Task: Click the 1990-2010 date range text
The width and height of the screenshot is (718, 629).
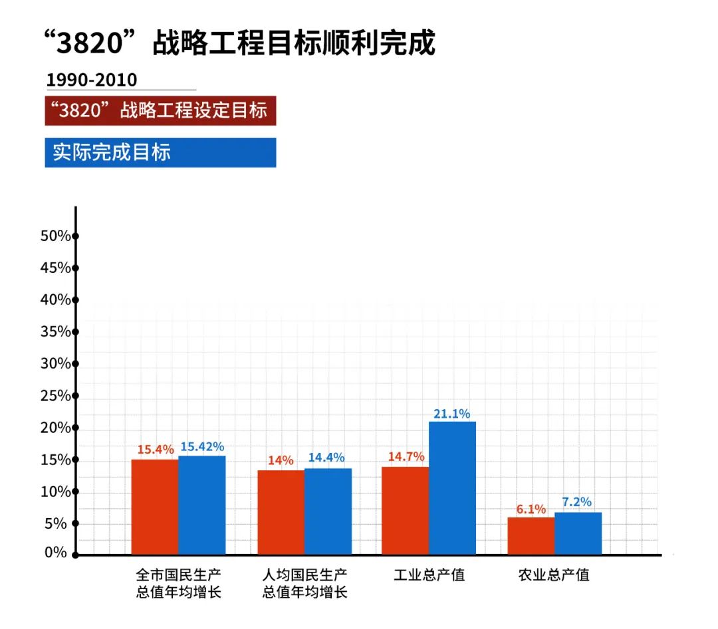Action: click(x=92, y=80)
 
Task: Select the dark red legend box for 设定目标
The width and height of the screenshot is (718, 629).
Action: click(x=160, y=110)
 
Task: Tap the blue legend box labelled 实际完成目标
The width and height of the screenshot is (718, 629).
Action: click(x=160, y=152)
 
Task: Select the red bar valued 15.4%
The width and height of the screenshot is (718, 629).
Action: click(x=155, y=507)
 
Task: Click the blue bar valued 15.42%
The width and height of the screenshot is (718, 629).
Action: click(x=202, y=505)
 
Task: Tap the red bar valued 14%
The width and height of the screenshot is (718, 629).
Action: click(x=281, y=512)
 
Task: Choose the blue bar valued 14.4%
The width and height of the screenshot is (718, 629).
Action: click(x=328, y=511)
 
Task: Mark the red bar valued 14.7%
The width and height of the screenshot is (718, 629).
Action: click(x=405, y=510)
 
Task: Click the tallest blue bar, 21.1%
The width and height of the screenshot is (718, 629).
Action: click(x=452, y=488)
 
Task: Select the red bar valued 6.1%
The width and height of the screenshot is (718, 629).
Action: click(x=531, y=535)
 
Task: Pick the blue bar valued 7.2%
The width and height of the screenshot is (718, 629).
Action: click(x=578, y=533)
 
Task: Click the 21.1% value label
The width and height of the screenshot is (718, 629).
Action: click(x=452, y=414)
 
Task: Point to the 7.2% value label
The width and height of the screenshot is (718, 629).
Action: click(x=578, y=502)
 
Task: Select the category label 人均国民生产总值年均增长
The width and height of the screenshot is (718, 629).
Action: click(x=305, y=583)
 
